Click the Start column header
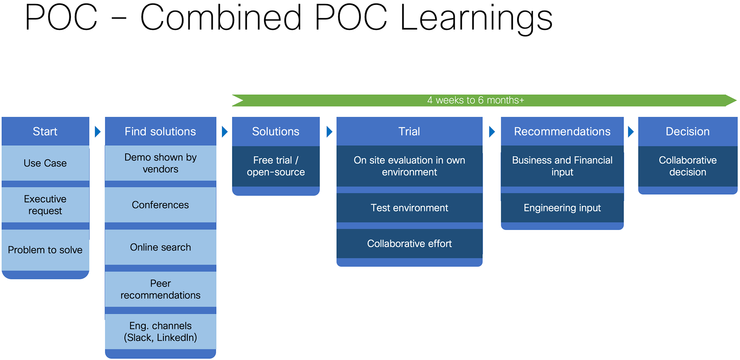pyautogui.click(x=45, y=131)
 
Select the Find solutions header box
pyautogui.click(x=160, y=131)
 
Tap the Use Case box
pyautogui.click(x=45, y=163)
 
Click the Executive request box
pyautogui.click(x=45, y=205)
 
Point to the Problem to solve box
pyautogui.click(x=45, y=250)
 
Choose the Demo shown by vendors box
pyautogui.click(x=160, y=163)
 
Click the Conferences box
pyautogui.click(x=160, y=205)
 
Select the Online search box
pyautogui.click(x=160, y=247)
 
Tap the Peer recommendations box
pyautogui.click(x=160, y=289)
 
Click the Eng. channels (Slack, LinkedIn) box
pyautogui.click(x=160, y=331)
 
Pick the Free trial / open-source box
pyautogui.click(x=276, y=166)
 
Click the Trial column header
pyautogui.click(x=409, y=131)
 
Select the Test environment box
pyautogui.click(x=409, y=208)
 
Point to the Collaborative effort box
pyautogui.click(x=409, y=244)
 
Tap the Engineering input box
pyautogui.click(x=562, y=208)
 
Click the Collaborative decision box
pyautogui.click(x=688, y=166)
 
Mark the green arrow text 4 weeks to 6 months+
pyautogui.click(x=476, y=100)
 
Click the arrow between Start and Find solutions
pyautogui.click(x=98, y=132)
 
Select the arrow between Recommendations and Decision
pyautogui.click(x=631, y=132)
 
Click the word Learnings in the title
pyautogui.click(x=476, y=18)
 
